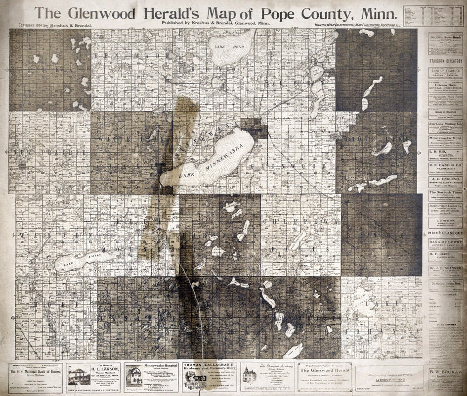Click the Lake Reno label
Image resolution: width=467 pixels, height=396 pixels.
221,46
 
